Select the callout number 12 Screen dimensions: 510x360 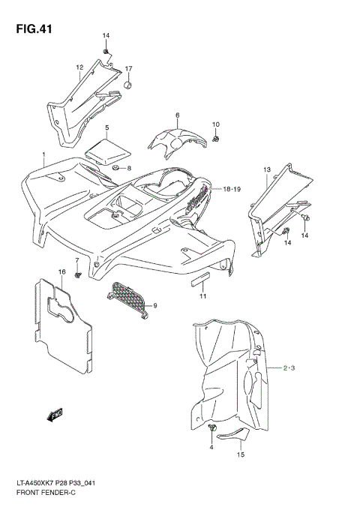point(79,67)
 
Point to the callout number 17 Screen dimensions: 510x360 point(128,69)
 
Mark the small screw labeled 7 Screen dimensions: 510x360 point(77,275)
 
